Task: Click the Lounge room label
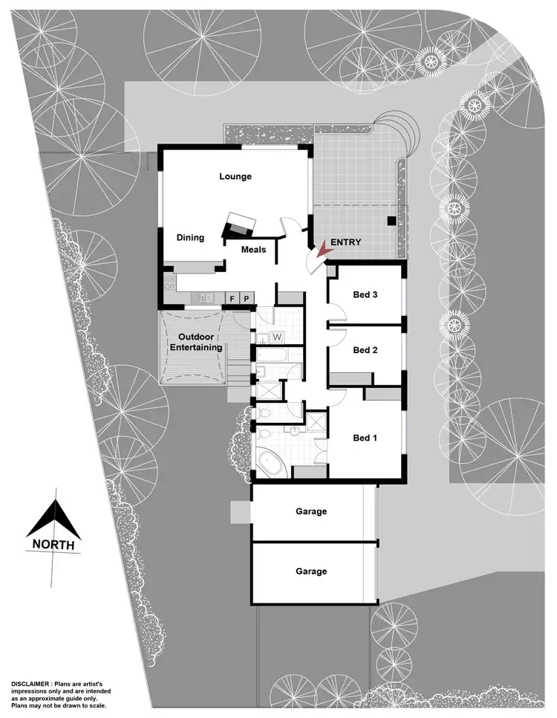[x=235, y=177]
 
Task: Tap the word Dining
[x=190, y=238]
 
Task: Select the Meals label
[x=253, y=250]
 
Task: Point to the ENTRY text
[x=346, y=242]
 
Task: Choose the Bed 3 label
[x=365, y=295]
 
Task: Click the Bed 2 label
[x=365, y=350]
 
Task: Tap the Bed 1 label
[x=365, y=438]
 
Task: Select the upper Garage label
[x=311, y=511]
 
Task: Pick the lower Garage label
[x=311, y=572]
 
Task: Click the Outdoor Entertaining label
[x=195, y=342]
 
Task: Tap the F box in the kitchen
[x=231, y=299]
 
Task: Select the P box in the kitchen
[x=247, y=299]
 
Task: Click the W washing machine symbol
[x=277, y=337]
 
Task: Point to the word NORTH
[x=53, y=545]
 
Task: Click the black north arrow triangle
[x=53, y=517]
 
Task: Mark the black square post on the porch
[x=391, y=220]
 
